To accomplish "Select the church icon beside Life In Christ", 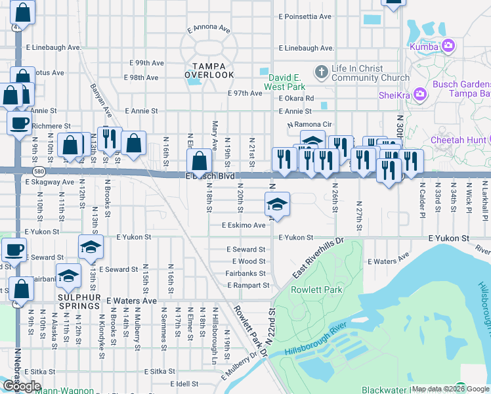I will click(x=321, y=70).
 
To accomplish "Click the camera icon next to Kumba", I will click(x=449, y=45).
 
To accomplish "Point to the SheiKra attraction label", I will click(x=395, y=95).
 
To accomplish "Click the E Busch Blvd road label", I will click(x=210, y=176).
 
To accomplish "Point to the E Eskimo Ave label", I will click(x=244, y=225).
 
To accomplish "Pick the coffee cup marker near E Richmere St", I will click(x=18, y=122).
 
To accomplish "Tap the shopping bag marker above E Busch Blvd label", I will click(x=199, y=160).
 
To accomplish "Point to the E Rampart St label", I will click(x=248, y=285).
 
